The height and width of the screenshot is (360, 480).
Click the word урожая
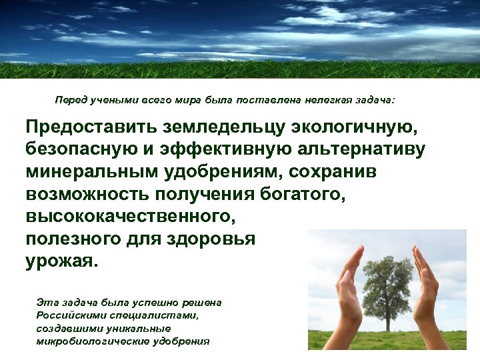[x=61, y=261]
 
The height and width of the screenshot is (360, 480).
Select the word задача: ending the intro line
[x=373, y=100]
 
